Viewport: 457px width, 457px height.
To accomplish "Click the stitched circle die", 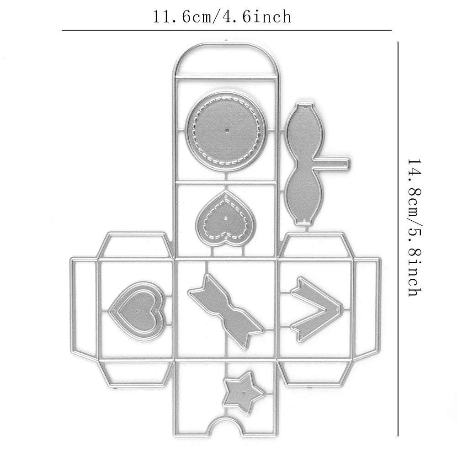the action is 227,130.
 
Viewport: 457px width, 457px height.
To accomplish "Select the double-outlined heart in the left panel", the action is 136,311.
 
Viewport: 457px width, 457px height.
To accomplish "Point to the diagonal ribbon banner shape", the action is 226,311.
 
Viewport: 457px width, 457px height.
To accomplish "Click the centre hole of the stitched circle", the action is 227,129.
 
